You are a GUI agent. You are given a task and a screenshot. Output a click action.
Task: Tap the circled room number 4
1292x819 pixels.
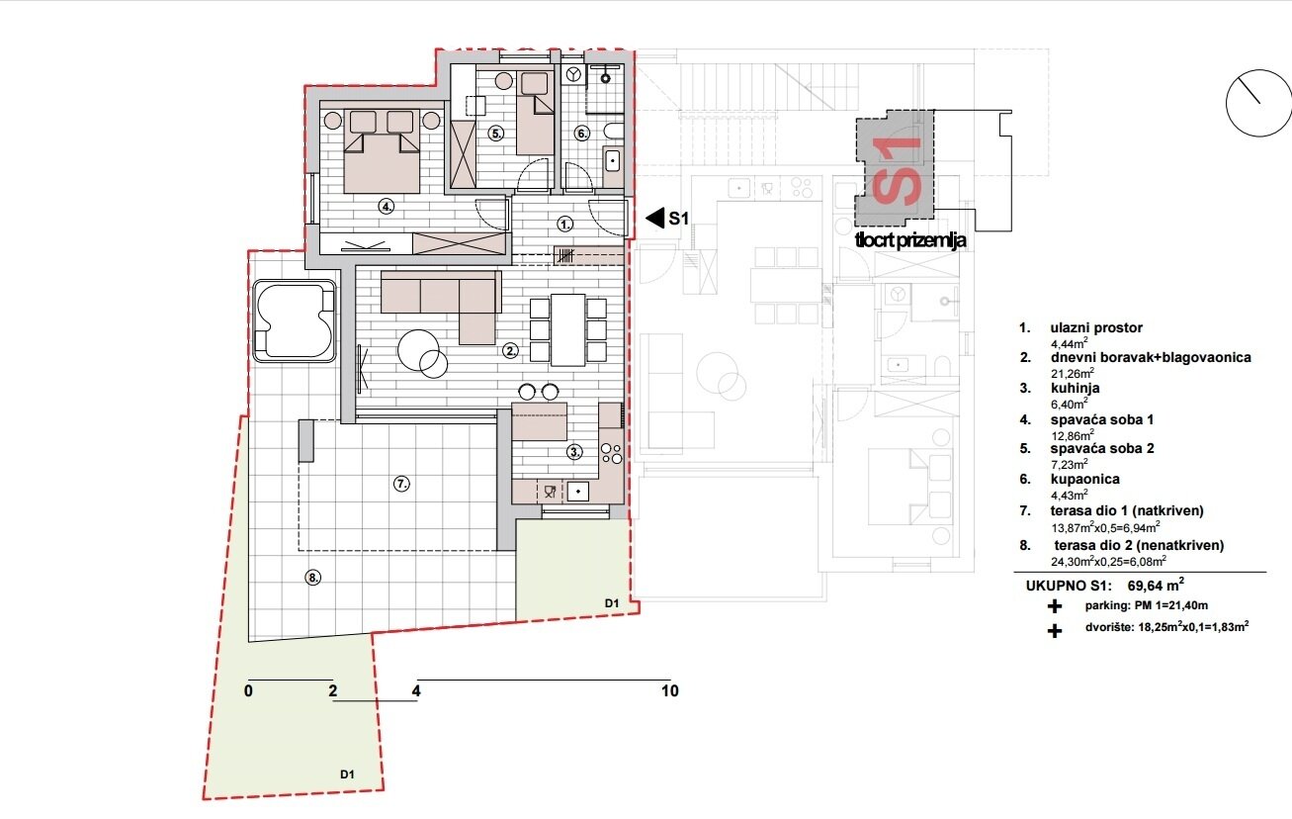point(387,207)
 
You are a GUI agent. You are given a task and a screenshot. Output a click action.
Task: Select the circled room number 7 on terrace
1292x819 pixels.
point(401,484)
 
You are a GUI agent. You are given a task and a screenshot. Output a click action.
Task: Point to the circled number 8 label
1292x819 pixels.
point(313,579)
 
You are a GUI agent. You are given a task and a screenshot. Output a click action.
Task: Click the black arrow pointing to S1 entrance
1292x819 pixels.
point(651,219)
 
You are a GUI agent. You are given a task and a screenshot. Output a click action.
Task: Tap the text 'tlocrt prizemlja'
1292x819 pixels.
point(909,239)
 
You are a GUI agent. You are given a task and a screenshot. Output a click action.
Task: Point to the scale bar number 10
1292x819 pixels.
point(670,691)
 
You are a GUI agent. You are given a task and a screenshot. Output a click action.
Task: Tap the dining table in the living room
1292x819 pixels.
point(567,329)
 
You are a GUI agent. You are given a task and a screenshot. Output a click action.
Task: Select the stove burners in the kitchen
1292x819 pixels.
point(611,454)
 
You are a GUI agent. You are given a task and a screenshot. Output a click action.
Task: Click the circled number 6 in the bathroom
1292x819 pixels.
point(582,134)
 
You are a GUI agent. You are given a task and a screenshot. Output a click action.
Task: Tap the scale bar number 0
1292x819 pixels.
point(248,691)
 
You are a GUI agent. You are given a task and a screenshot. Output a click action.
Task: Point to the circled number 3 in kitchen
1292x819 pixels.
point(575,452)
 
